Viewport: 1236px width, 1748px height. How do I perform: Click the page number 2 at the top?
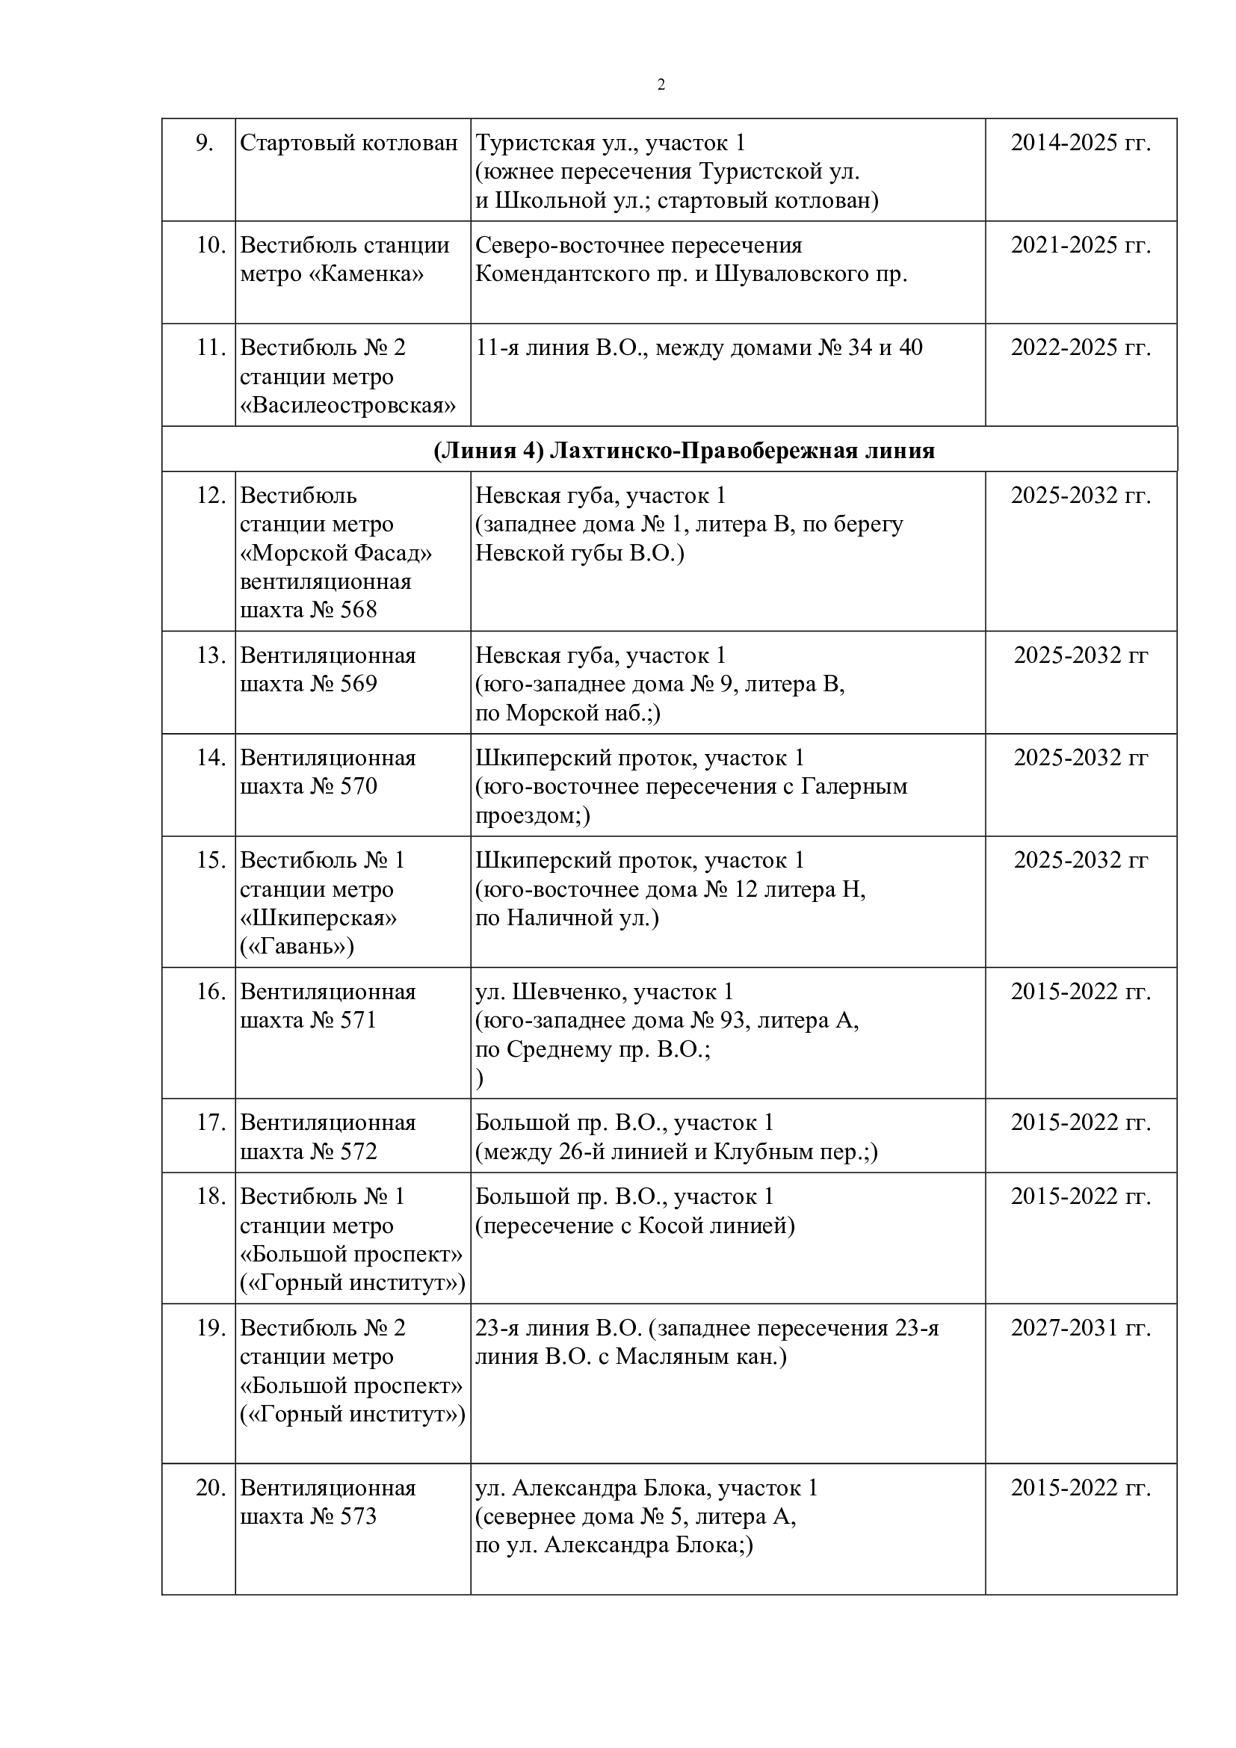pyautogui.click(x=661, y=84)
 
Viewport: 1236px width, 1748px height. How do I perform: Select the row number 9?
pyautogui.click(x=204, y=143)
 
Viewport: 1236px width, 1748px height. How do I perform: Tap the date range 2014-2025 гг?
pyautogui.click(x=1081, y=143)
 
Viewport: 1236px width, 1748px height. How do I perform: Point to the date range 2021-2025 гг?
pyautogui.click(x=1081, y=245)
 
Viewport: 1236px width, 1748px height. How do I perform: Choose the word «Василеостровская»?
pyautogui.click(x=347, y=406)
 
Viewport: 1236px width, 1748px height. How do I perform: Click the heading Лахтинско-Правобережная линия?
pyautogui.click(x=741, y=451)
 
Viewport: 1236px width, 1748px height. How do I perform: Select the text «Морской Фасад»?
pyautogui.click(x=336, y=553)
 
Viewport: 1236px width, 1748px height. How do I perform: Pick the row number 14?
pyautogui.click(x=211, y=758)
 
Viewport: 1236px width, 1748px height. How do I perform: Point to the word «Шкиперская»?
pyautogui.click(x=318, y=918)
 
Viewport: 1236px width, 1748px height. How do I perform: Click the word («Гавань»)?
pyautogui.click(x=297, y=945)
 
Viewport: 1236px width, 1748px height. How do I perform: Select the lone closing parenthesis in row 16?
pyautogui.click(x=480, y=1078)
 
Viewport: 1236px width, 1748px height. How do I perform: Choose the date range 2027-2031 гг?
pyautogui.click(x=1081, y=1329)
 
